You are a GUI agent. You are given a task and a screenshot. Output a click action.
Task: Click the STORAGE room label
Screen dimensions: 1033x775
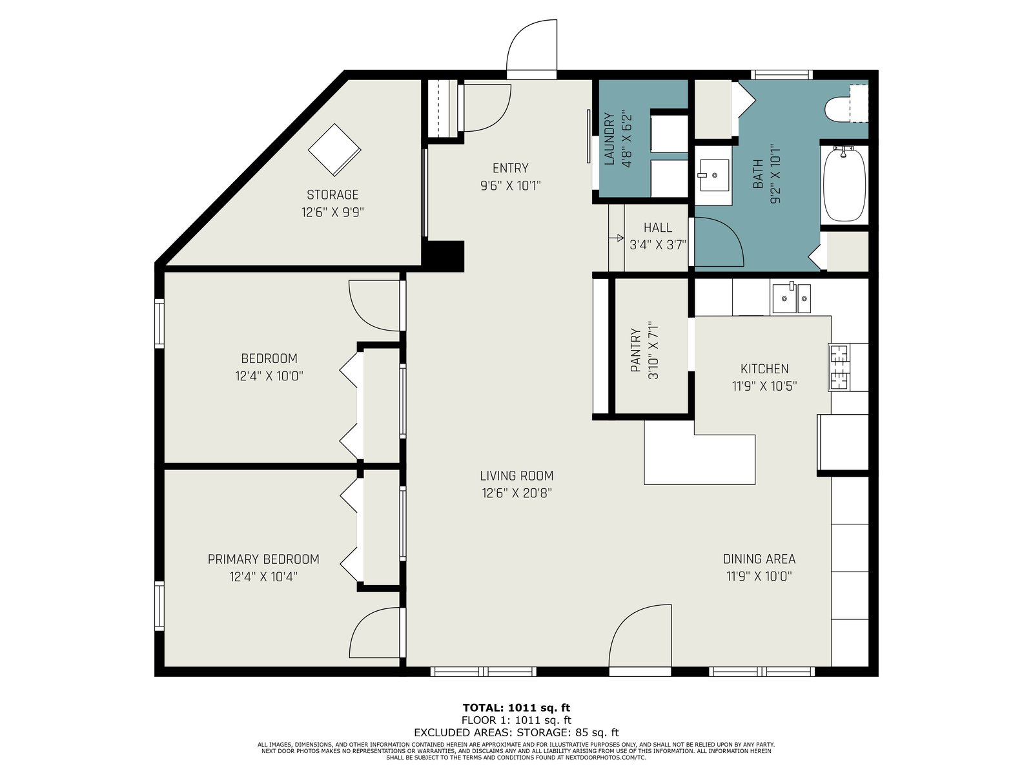332,194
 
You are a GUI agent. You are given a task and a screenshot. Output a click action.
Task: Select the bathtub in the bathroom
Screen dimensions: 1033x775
844,183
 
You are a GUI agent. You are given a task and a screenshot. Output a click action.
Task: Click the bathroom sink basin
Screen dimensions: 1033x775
715,175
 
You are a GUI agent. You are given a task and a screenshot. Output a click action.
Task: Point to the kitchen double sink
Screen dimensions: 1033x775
791,298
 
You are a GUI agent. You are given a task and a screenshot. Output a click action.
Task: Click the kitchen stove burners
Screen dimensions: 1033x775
839,367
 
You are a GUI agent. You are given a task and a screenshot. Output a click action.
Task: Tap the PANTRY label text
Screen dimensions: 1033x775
635,350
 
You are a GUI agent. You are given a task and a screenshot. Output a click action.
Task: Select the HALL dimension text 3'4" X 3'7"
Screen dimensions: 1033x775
658,245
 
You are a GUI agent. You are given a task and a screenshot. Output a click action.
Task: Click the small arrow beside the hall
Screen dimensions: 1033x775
617,238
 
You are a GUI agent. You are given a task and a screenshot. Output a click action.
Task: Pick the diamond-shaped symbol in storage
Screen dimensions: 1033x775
334,150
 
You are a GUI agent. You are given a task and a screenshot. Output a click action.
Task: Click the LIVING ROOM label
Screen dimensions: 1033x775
516,476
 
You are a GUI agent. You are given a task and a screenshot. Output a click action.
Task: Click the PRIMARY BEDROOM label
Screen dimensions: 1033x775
263,559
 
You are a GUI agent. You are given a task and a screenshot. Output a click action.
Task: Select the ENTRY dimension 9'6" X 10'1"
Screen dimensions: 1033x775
511,186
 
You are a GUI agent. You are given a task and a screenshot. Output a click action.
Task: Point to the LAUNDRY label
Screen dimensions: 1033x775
609,139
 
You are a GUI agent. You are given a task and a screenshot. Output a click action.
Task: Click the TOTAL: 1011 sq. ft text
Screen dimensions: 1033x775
516,708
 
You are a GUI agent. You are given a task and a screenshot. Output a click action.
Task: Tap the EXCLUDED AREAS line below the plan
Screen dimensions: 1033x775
516,732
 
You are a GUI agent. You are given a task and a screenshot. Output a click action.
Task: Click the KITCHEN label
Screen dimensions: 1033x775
764,368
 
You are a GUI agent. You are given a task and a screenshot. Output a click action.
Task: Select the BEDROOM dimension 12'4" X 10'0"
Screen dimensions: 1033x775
269,376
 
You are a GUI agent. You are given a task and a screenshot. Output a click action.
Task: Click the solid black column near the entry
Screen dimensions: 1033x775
443,256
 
